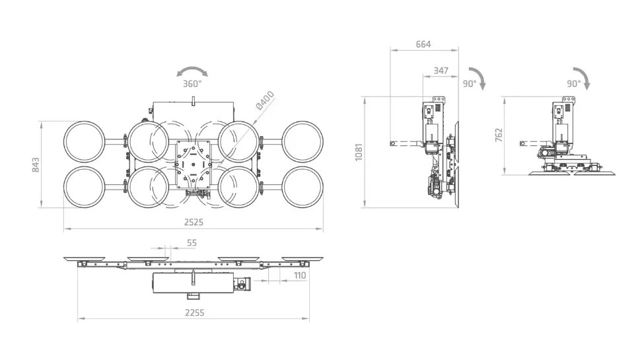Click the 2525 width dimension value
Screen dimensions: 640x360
194,223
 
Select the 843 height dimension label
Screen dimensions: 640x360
36,165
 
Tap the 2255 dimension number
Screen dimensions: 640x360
194,313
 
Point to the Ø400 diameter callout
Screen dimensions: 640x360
265,101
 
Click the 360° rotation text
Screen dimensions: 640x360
192,84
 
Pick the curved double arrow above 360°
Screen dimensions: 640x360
192,71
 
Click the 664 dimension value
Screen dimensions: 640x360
423,44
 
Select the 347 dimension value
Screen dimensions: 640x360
441,71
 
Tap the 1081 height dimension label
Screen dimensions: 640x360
359,152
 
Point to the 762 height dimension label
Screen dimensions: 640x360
499,135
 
